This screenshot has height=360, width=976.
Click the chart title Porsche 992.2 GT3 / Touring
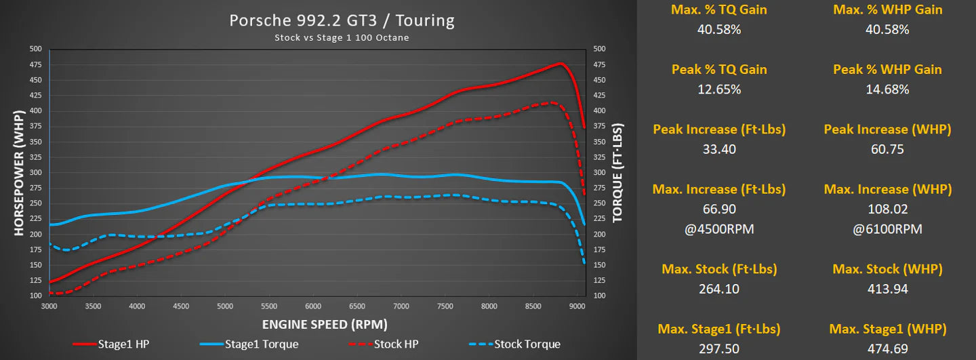[x=342, y=20]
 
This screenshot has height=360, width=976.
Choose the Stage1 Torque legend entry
[x=261, y=344]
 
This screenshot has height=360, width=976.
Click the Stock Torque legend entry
[x=527, y=344]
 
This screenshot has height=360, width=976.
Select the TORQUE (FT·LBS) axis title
[x=617, y=173]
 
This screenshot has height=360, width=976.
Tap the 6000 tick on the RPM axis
[x=313, y=306]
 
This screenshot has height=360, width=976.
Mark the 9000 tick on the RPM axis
[x=577, y=306]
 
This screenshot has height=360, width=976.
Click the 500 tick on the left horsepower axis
[x=35, y=49]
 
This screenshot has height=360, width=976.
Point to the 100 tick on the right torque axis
[x=599, y=296]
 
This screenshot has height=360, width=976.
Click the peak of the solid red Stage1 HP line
[x=561, y=64]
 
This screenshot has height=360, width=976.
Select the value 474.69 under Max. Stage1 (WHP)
[x=887, y=348]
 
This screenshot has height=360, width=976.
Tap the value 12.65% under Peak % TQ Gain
[x=719, y=89]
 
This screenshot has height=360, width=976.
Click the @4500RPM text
[x=719, y=229]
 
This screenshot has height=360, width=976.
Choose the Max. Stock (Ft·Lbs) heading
[x=719, y=269]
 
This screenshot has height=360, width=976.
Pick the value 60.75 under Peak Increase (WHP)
[x=887, y=149]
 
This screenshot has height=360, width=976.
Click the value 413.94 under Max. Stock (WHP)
[x=887, y=289]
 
